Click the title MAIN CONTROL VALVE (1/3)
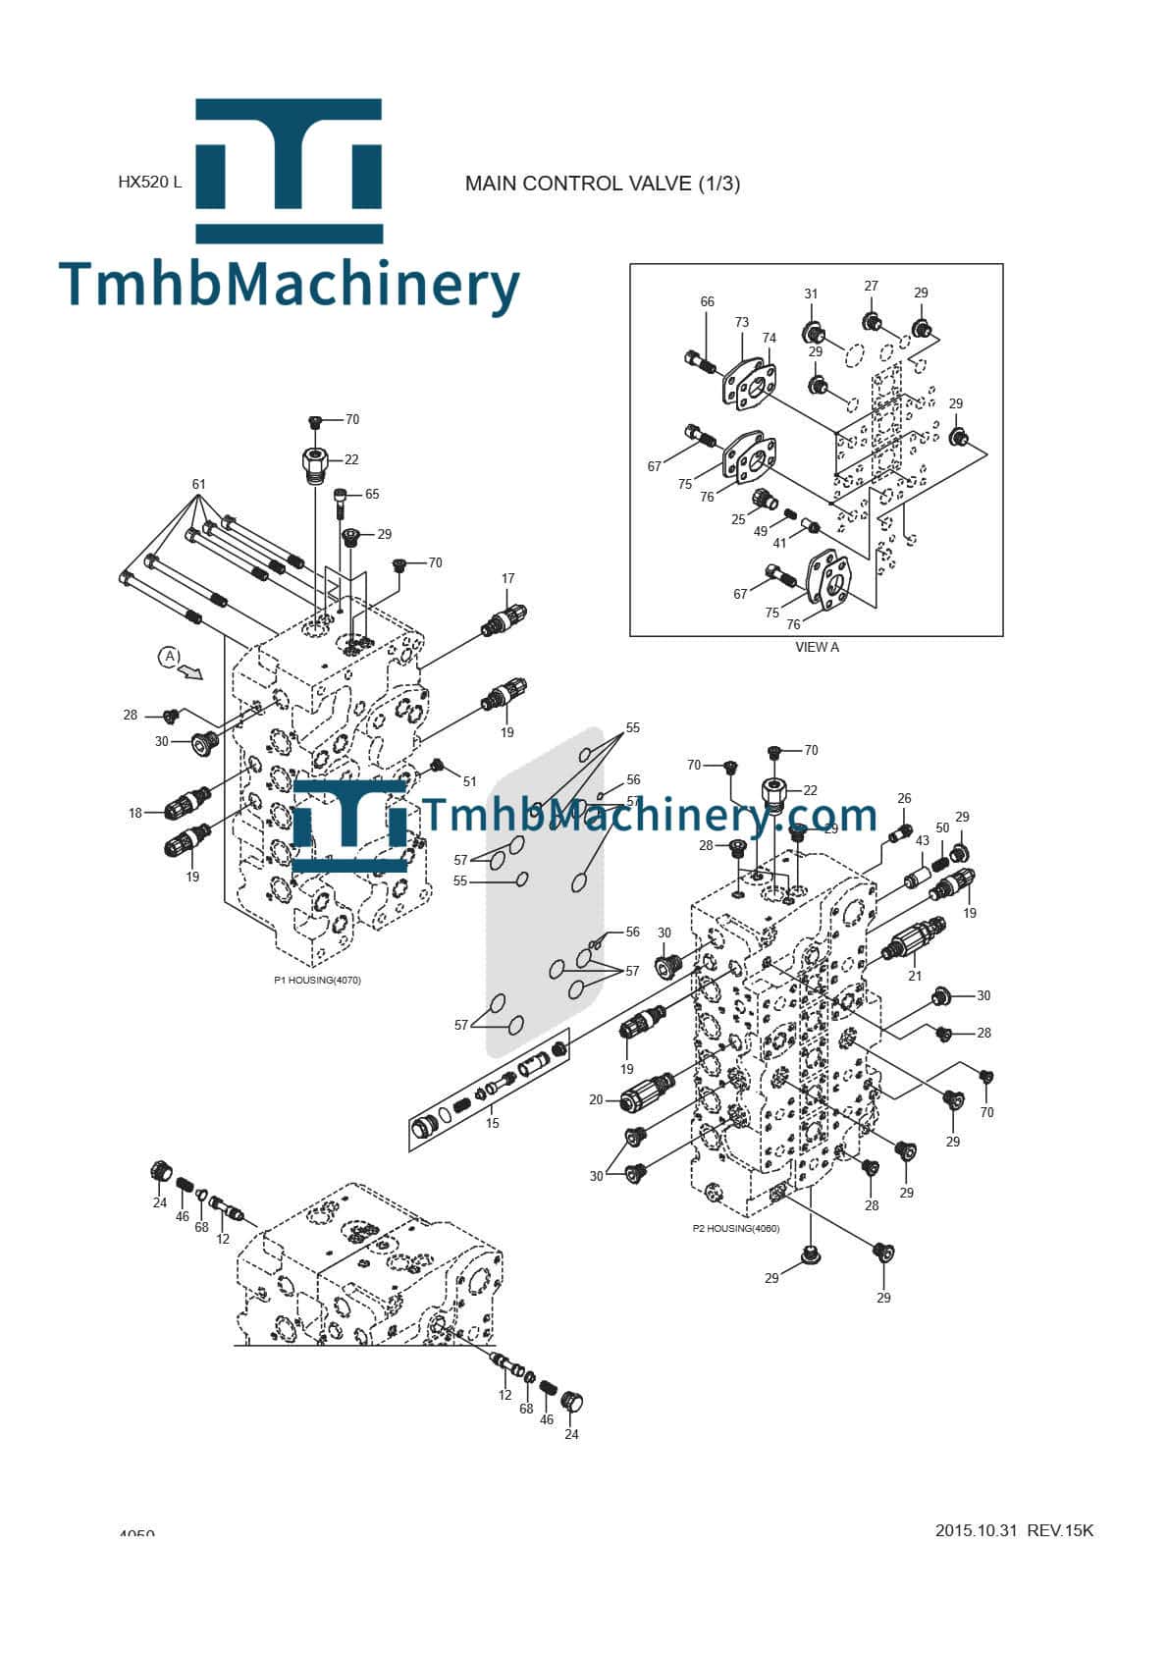point(602,184)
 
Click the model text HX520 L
point(149,183)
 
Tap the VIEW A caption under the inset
point(817,647)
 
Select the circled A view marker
point(170,656)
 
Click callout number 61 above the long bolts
point(199,485)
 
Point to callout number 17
point(507,579)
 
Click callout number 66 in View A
point(707,302)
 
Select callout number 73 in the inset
point(741,323)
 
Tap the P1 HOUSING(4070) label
point(317,980)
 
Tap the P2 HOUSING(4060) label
point(736,1228)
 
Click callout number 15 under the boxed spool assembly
point(492,1123)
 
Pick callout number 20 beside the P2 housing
point(596,1100)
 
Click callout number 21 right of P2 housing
point(915,976)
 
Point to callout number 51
point(469,781)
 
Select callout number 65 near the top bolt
point(372,495)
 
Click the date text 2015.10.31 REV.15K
point(1014,1530)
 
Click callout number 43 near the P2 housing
point(922,841)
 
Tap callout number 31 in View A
point(811,293)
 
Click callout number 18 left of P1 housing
point(135,813)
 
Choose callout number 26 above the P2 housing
point(904,799)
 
